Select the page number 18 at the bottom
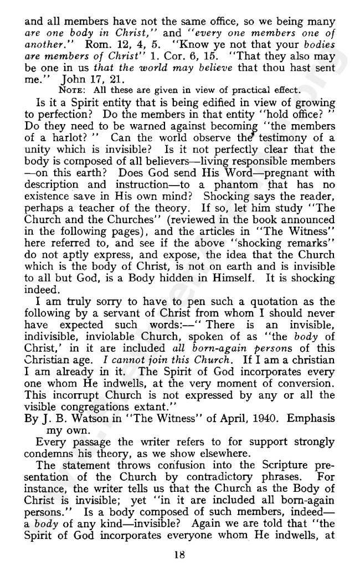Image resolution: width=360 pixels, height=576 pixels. pos(179,555)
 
